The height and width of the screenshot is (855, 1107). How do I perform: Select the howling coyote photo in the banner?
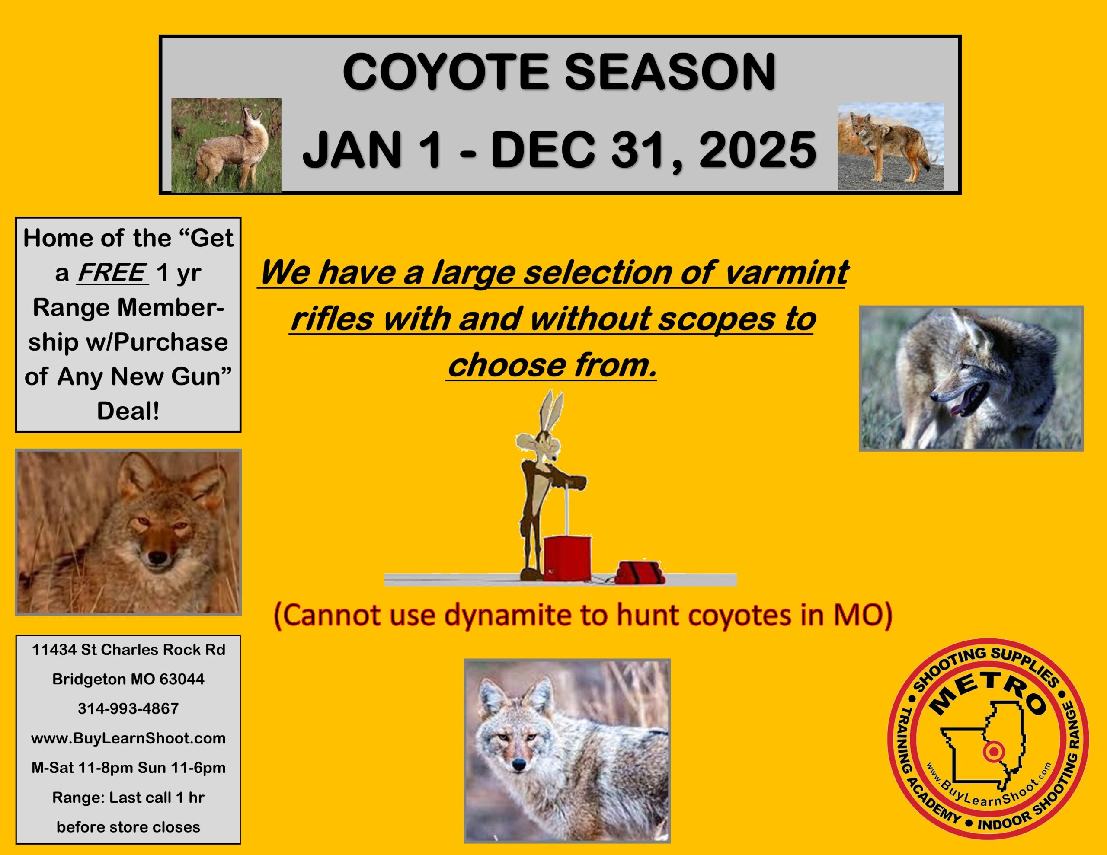pos(226,146)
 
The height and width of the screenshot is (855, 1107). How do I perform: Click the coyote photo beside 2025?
pos(890,147)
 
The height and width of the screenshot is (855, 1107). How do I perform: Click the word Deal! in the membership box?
pos(128,411)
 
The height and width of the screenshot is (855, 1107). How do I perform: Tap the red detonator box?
pos(567,558)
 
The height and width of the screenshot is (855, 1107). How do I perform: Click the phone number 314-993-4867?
pos(128,708)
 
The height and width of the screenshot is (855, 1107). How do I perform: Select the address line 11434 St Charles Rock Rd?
pos(128,650)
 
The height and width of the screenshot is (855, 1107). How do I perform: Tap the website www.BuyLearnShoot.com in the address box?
pos(128,738)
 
